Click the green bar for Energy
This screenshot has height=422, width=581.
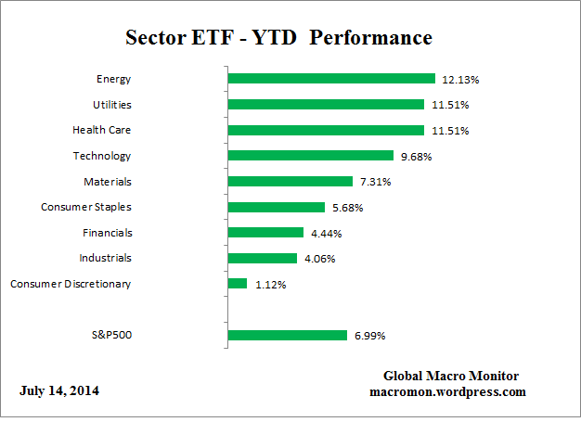click(x=330, y=79)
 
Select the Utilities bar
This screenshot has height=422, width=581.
click(x=325, y=105)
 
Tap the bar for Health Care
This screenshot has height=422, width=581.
click(x=325, y=131)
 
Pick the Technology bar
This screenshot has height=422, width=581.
click(x=310, y=156)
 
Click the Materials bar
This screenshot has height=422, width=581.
click(x=290, y=182)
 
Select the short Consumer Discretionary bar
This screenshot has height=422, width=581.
click(x=237, y=284)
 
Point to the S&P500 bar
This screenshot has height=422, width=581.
click(x=287, y=335)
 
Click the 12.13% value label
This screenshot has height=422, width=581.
click(x=461, y=79)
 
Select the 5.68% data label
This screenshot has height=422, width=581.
click(x=348, y=208)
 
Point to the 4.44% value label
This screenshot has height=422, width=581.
click(x=327, y=233)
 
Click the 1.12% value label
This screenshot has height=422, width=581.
click(x=270, y=285)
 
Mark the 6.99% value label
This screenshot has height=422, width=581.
click(x=369, y=336)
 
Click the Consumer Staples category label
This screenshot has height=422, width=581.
click(x=85, y=207)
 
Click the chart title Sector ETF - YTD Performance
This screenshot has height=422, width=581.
click(x=278, y=38)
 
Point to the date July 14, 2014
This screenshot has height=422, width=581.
click(x=59, y=390)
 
